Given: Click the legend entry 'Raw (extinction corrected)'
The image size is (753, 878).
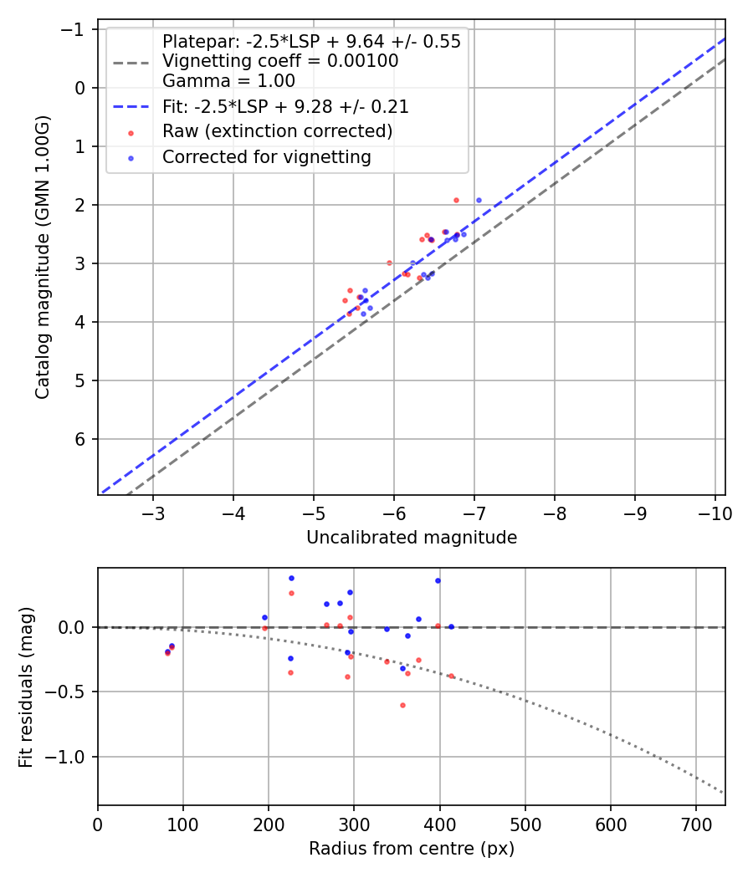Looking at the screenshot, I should click(277, 131).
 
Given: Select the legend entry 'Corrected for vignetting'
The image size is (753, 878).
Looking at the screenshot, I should click(266, 156).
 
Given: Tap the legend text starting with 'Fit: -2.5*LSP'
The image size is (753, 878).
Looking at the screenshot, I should click(285, 107).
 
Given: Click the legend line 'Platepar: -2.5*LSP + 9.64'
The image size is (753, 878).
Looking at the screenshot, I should click(311, 42).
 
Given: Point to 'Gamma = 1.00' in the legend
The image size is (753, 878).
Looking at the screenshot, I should click(228, 81).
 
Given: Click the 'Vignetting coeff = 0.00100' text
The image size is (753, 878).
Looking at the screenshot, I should click(280, 61).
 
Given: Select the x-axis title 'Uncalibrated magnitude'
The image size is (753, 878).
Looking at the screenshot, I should click(411, 538).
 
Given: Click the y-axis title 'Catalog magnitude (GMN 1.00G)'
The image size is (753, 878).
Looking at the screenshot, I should click(43, 258).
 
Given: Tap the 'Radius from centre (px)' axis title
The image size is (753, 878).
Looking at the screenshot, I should click(411, 849).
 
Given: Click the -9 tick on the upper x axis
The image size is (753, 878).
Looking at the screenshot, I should click(634, 512).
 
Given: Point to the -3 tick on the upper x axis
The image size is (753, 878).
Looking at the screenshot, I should click(153, 512).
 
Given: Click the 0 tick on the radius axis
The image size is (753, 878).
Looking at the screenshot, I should click(98, 823).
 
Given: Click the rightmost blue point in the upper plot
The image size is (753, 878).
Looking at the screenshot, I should click(479, 200).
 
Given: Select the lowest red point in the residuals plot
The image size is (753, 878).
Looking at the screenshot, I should click(402, 705).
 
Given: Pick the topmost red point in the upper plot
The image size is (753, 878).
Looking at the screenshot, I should click(456, 200).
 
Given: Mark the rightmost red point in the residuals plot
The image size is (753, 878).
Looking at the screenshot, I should click(452, 676).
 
